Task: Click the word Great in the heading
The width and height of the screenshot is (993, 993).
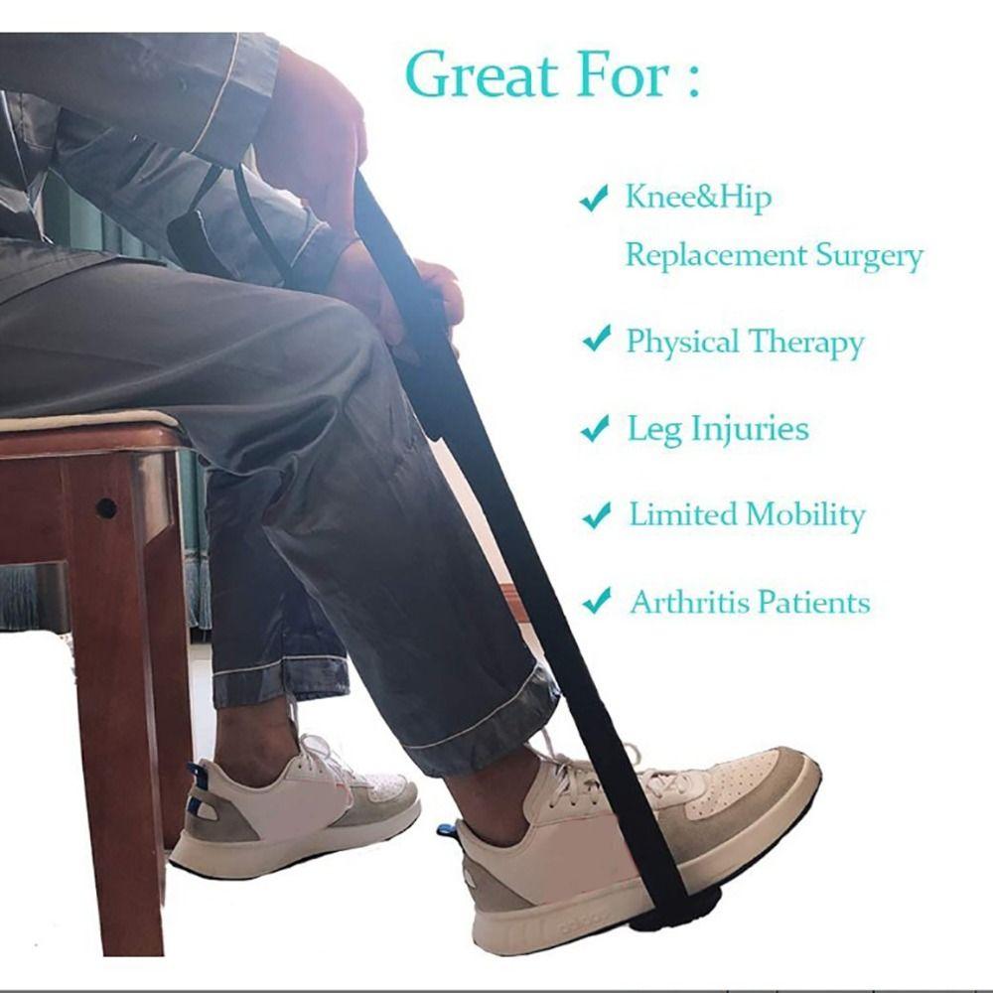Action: click(x=482, y=74)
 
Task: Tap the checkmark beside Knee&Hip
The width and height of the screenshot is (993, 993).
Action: click(x=595, y=198)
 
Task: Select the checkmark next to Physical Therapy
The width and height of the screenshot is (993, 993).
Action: click(x=597, y=339)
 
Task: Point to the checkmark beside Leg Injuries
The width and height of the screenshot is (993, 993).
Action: click(x=595, y=428)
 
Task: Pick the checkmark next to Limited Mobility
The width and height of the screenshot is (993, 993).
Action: click(x=597, y=514)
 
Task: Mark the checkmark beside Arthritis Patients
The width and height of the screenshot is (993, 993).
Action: click(x=597, y=601)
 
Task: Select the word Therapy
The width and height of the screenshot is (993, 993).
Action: click(x=805, y=344)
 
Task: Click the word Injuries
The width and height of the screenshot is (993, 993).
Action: click(x=750, y=429)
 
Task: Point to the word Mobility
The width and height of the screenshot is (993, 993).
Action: click(x=805, y=515)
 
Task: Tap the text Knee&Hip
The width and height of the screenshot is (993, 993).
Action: click(x=698, y=197)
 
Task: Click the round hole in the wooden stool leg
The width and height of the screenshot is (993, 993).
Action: click(x=105, y=506)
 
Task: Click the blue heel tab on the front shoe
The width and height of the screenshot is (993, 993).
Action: click(x=447, y=831)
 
